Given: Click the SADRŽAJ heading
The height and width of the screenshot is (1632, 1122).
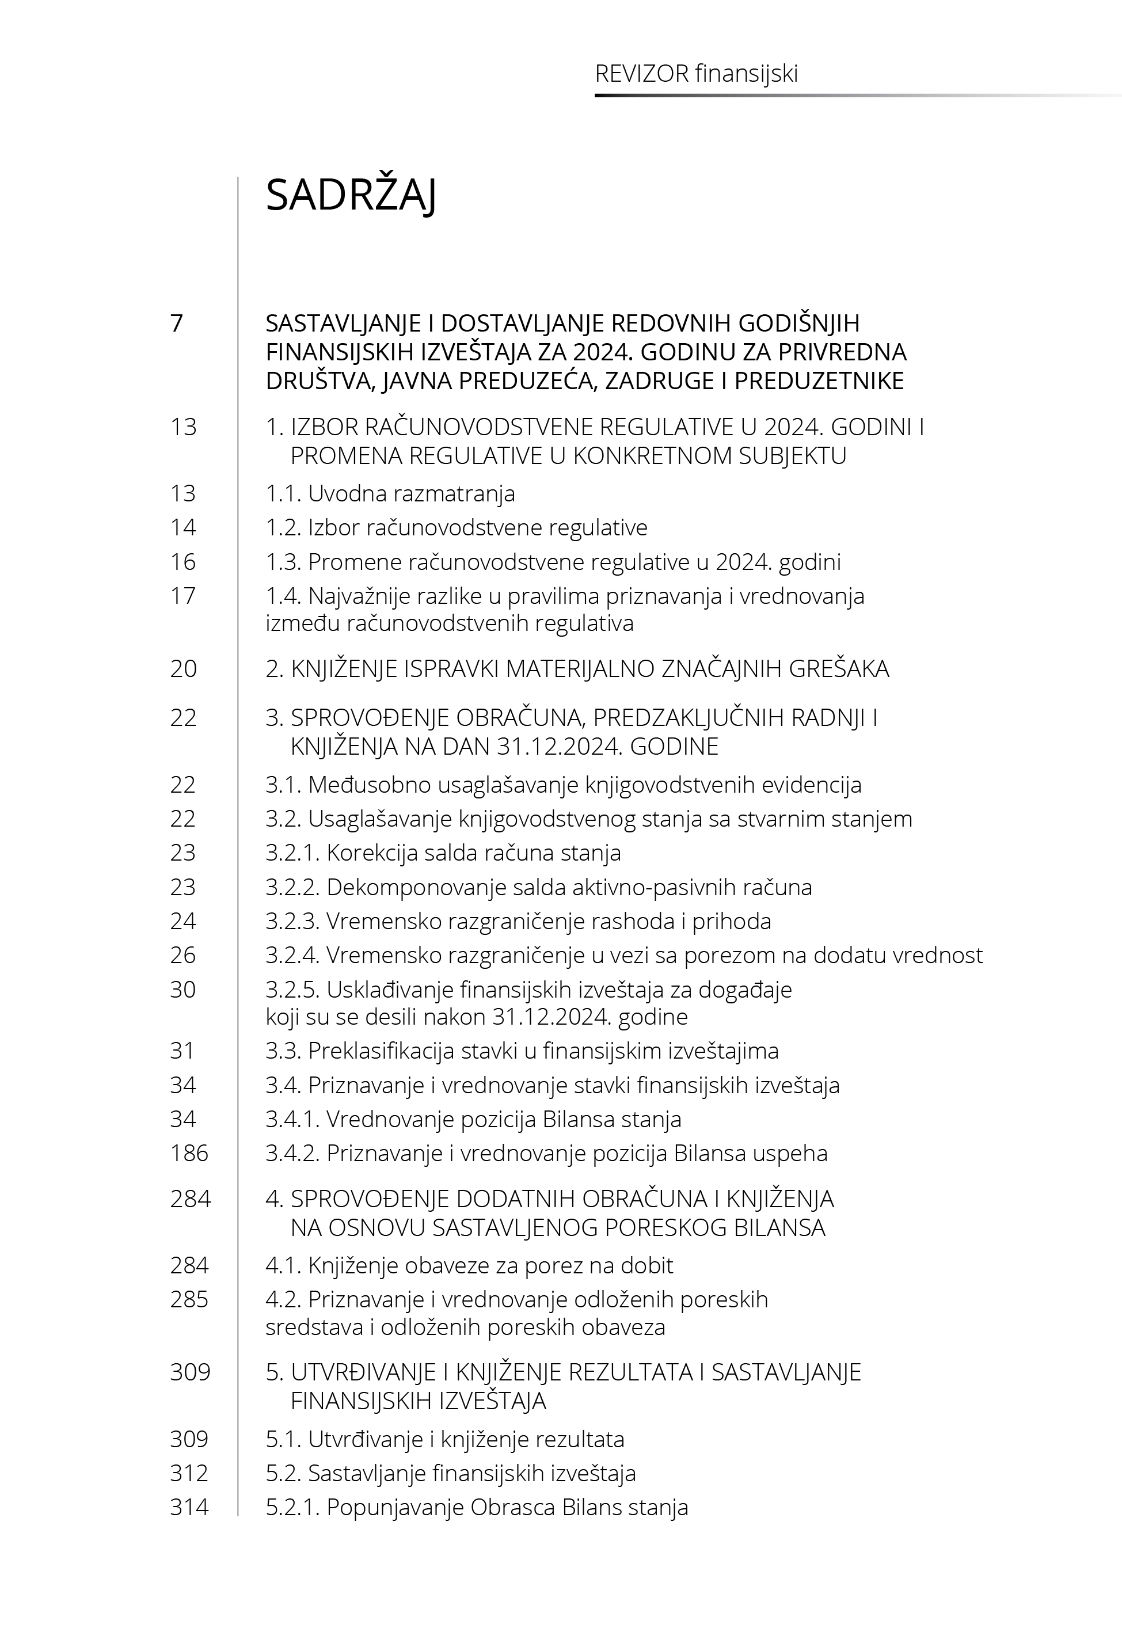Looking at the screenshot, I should (351, 195).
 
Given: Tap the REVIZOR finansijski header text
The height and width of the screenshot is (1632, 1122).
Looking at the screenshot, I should (696, 74).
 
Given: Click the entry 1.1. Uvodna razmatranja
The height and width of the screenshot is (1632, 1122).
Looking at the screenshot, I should (390, 493).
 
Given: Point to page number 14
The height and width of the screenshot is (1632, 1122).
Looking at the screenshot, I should (183, 528).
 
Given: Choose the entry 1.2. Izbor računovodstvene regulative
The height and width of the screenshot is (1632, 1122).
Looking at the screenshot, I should (457, 528).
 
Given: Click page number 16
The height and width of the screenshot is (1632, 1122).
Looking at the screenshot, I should (183, 562).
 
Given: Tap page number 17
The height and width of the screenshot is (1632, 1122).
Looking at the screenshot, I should (183, 596).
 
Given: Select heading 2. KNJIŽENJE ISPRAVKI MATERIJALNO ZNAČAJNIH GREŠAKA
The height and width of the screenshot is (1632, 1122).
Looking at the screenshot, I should (577, 668).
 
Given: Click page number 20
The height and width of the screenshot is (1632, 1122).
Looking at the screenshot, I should (184, 668).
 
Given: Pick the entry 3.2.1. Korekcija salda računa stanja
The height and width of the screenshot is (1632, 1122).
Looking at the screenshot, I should (443, 853).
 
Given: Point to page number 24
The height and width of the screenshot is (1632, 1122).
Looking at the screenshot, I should (183, 922).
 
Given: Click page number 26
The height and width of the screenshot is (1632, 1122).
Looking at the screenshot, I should (183, 955).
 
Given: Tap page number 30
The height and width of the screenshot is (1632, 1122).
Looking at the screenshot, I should (183, 990).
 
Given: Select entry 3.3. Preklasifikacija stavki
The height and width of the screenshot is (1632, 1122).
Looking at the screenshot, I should (522, 1051).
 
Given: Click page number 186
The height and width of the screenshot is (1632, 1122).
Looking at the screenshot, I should (189, 1154).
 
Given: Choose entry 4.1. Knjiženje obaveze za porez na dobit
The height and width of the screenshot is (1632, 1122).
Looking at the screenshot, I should (469, 1265).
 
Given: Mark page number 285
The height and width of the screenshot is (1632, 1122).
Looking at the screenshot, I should (189, 1300).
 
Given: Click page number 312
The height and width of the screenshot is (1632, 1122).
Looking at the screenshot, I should (189, 1473).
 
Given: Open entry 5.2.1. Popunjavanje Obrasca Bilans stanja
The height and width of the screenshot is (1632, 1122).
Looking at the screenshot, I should (477, 1508).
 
